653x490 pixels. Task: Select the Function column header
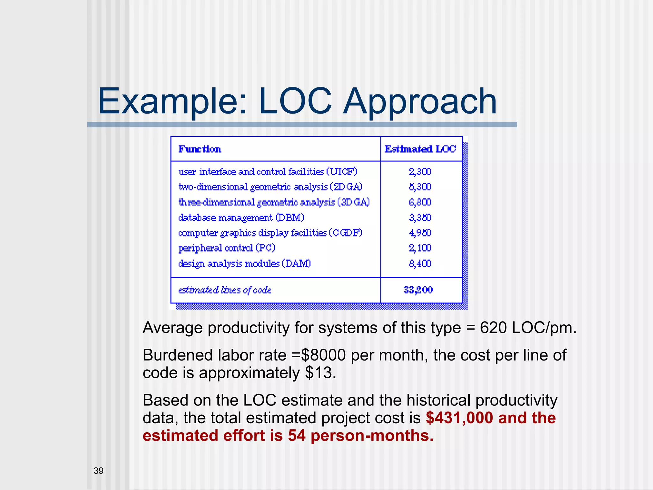(200, 149)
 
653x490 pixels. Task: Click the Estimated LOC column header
(420, 149)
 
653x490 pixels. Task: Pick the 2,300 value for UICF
(420, 172)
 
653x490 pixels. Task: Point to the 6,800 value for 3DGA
(420, 202)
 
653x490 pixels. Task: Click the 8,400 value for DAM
(420, 264)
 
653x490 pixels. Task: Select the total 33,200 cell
(418, 290)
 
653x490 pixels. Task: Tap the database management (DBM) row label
(241, 218)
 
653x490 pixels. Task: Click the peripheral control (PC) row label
(226, 248)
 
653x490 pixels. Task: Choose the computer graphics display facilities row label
(270, 233)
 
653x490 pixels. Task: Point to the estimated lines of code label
(225, 290)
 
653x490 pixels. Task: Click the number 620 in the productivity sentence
(493, 328)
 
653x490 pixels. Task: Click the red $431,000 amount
(459, 418)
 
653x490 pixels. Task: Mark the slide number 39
(99, 471)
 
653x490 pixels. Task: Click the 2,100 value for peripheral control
(420, 248)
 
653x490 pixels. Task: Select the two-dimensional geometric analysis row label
(270, 187)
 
